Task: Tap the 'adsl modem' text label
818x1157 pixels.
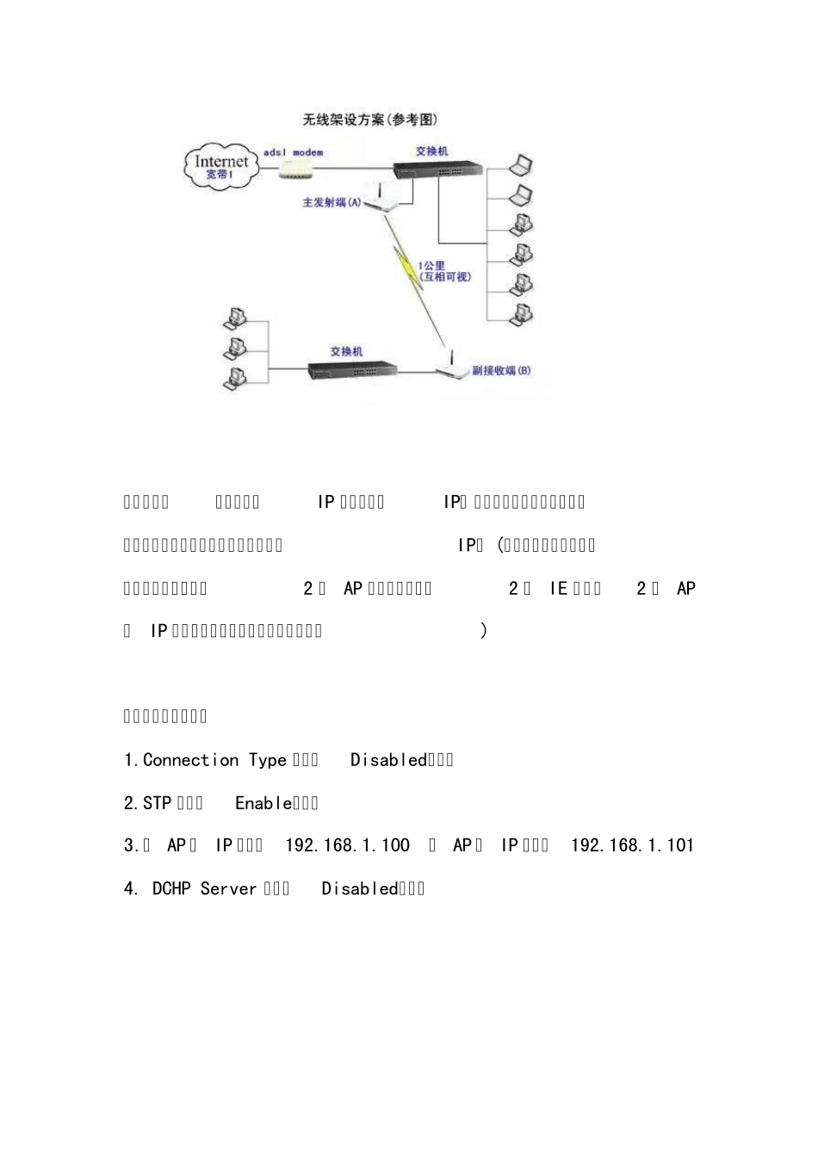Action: pos(293,152)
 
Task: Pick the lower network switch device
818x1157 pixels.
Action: pos(353,370)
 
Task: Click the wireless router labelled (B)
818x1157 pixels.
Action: pos(449,370)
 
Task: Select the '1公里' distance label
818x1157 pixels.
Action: pos(431,265)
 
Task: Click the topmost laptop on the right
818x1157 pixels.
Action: pos(521,165)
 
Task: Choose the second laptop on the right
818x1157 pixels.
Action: pos(521,195)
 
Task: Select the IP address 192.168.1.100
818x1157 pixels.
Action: pos(347,845)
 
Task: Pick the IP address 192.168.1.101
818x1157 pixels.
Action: pos(632,845)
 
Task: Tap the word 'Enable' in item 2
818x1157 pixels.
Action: pos(263,803)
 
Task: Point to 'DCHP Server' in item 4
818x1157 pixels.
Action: pos(204,888)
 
